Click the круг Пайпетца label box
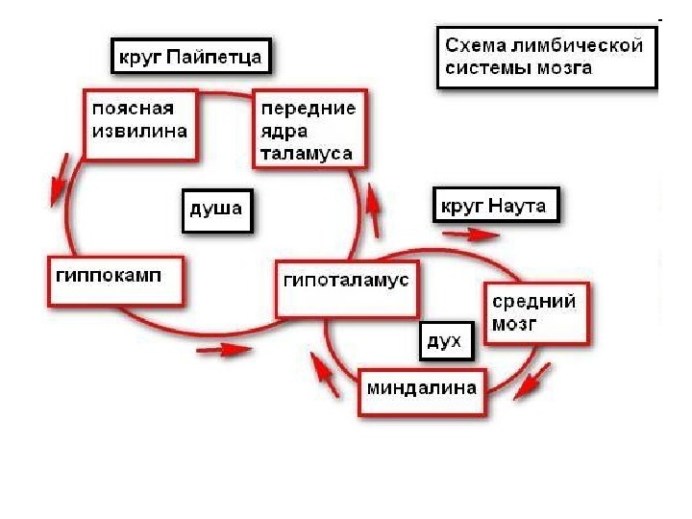point(189,57)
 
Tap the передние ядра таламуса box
point(309,130)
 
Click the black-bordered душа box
point(216,210)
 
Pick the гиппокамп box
point(114,280)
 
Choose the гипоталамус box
point(346,287)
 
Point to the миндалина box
point(421,391)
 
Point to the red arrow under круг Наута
point(472,233)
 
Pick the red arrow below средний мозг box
point(532,380)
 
